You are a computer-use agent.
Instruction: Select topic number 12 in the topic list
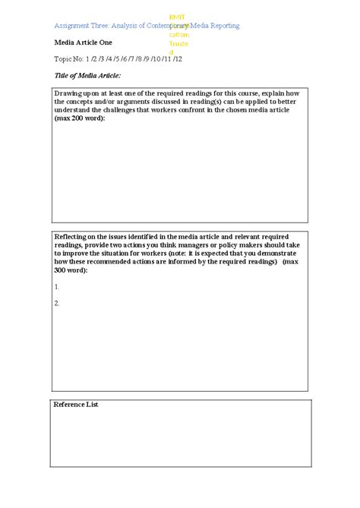click(178, 58)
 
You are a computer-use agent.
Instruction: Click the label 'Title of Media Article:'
click(87, 76)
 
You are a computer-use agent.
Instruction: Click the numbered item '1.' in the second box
click(58, 287)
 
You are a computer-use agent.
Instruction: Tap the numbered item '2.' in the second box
click(58, 303)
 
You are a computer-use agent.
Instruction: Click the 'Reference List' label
click(76, 405)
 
